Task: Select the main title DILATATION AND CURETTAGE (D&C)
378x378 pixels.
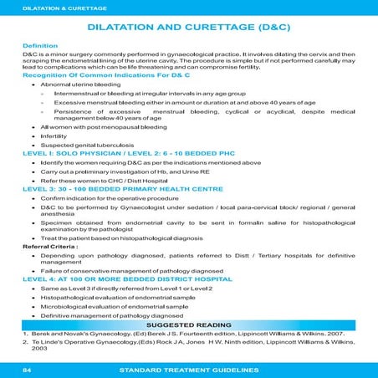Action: click(x=189, y=26)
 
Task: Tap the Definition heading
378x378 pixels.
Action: click(x=40, y=43)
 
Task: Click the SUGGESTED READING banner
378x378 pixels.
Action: click(x=189, y=326)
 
